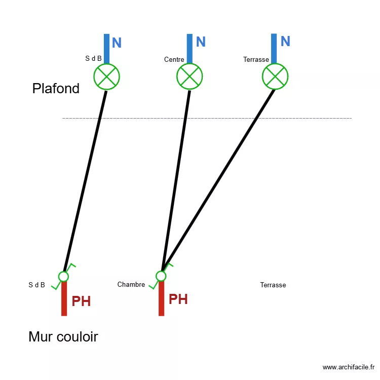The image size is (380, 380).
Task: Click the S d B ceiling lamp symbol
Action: click(x=106, y=77)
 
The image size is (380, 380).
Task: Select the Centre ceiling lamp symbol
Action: click(x=189, y=77)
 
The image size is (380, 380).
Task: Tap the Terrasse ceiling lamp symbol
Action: click(x=275, y=77)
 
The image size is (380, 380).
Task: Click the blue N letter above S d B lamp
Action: click(x=117, y=43)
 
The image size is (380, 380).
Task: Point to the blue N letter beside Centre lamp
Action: click(x=201, y=42)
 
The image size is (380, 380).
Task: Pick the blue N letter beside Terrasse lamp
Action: click(x=285, y=42)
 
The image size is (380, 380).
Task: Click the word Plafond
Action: click(x=56, y=89)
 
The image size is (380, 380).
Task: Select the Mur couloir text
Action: click(x=63, y=336)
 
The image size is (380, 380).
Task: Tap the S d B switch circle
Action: click(x=63, y=276)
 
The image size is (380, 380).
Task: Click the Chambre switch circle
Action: click(x=161, y=276)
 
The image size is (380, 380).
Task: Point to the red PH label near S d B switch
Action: click(x=81, y=301)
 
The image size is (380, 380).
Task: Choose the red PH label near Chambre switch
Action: click(x=178, y=299)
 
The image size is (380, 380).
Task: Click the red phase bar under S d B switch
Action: click(x=64, y=299)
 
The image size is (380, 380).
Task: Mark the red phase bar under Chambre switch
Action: click(x=161, y=299)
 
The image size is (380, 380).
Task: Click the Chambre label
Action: click(x=131, y=285)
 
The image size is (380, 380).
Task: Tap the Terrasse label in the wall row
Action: click(x=273, y=285)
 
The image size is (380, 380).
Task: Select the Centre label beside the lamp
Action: click(x=174, y=60)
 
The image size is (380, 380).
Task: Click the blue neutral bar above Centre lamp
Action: click(x=189, y=48)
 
